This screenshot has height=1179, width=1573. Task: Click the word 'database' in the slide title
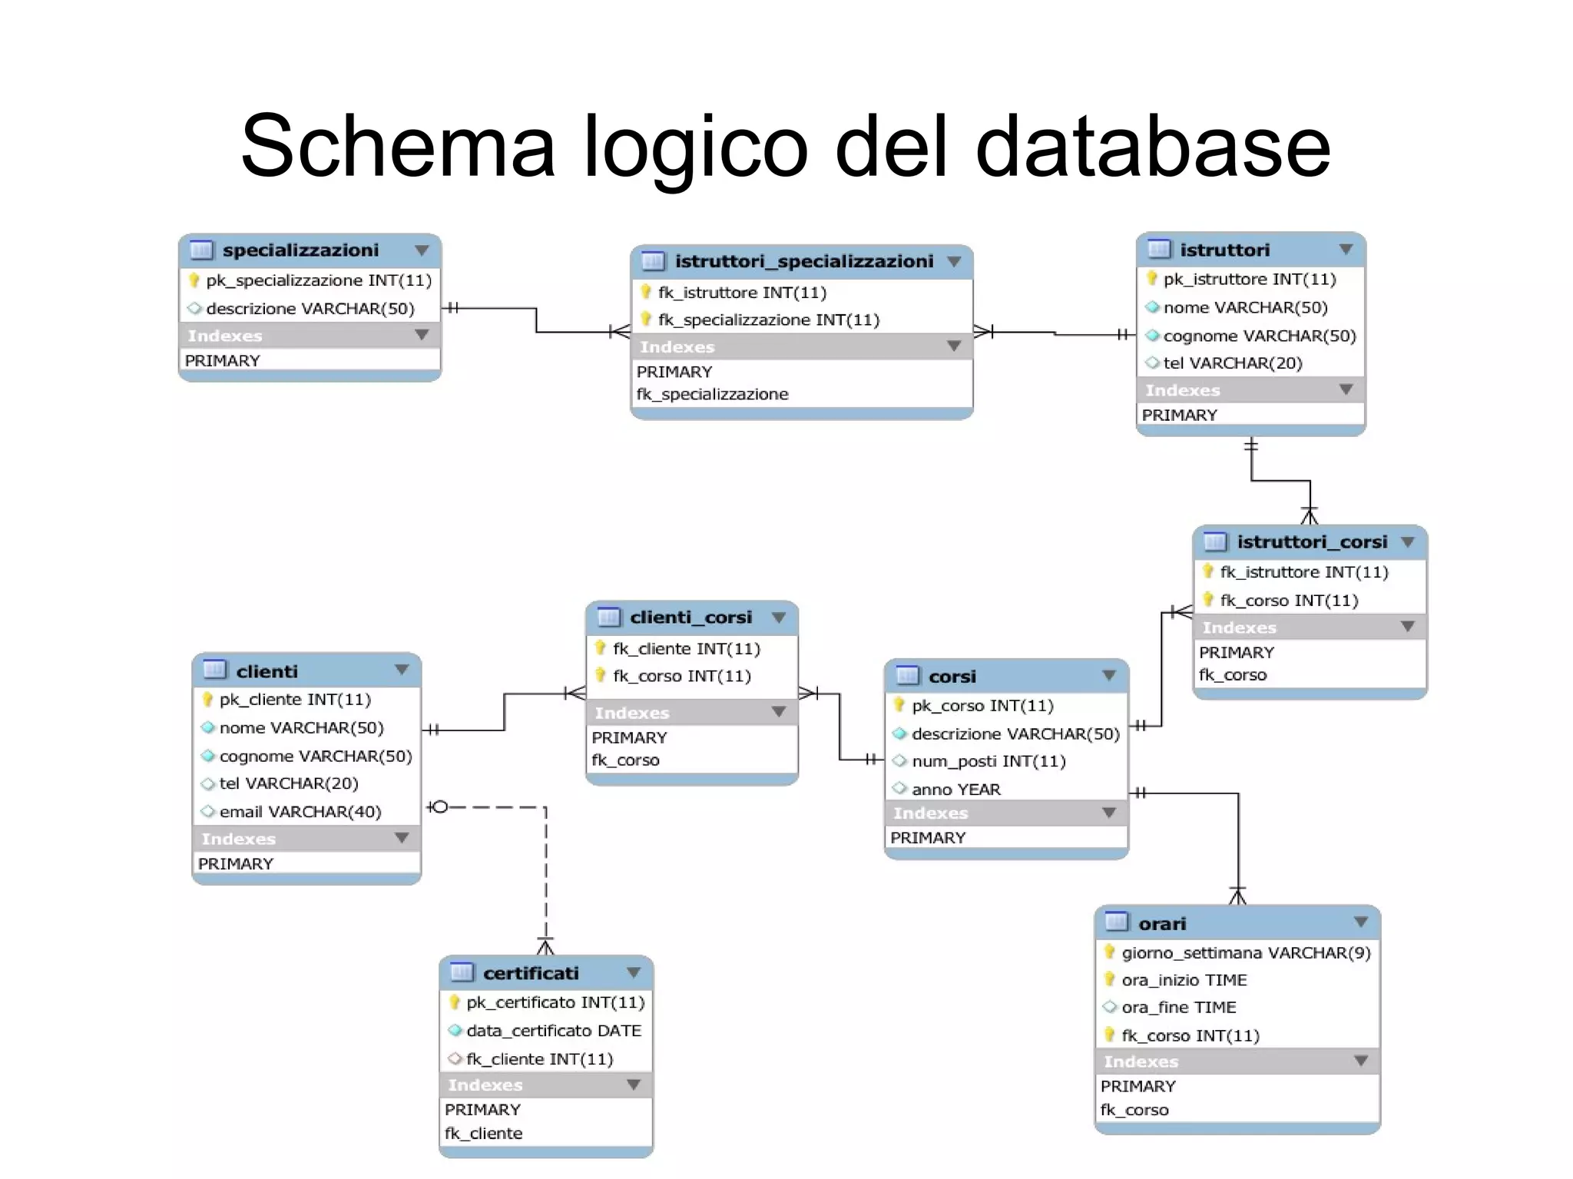[x=1152, y=146]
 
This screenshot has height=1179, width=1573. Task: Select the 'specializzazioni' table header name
[x=300, y=250]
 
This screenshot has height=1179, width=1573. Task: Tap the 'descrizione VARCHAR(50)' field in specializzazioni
[x=310, y=309]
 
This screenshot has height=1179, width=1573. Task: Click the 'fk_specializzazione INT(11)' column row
[x=768, y=320]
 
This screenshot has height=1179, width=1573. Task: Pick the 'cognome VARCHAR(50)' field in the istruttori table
[x=1259, y=336]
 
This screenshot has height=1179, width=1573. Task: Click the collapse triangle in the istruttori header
[x=1346, y=250]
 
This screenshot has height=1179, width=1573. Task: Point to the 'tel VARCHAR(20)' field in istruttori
[x=1232, y=363]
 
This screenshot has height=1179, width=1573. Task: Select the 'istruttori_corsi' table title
[x=1312, y=542]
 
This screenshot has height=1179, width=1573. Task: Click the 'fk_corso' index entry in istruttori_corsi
[x=1233, y=675]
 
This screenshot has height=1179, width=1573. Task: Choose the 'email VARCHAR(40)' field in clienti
[x=300, y=812]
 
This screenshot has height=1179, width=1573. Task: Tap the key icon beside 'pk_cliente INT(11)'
[x=207, y=700]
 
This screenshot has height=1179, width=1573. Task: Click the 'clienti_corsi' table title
[x=690, y=618]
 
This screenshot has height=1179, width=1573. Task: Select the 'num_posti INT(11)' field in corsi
[x=989, y=761]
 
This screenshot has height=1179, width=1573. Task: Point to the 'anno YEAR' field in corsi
[x=955, y=790]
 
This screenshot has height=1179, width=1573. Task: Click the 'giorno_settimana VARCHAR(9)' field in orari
[x=1245, y=953]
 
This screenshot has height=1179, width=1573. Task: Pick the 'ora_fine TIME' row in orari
[x=1178, y=1008]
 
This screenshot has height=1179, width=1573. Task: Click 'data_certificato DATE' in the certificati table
[x=553, y=1031]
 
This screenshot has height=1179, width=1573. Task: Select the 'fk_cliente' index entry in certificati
[x=483, y=1134]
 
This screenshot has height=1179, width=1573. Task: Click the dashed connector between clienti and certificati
[x=546, y=876]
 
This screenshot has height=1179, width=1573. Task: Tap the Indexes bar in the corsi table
[x=998, y=813]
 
